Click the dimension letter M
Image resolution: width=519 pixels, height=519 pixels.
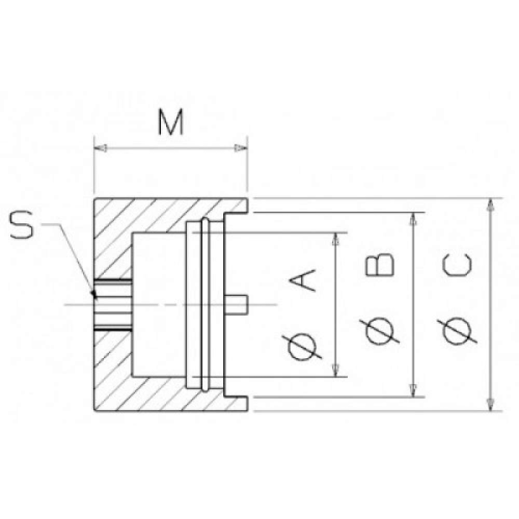click(x=171, y=122)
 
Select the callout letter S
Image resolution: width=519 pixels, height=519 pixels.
click(x=22, y=225)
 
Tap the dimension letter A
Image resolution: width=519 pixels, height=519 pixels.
click(x=303, y=280)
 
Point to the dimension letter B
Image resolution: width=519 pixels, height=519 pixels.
click(x=380, y=265)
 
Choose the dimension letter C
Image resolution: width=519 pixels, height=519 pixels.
click(x=457, y=265)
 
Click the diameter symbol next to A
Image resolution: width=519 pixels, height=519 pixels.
click(x=302, y=348)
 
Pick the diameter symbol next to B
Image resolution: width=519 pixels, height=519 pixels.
click(x=380, y=331)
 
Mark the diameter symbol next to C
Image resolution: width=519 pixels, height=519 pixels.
click(x=457, y=331)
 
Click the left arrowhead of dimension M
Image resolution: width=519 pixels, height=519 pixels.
click(x=100, y=148)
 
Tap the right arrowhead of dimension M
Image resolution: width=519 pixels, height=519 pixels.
click(x=241, y=148)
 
